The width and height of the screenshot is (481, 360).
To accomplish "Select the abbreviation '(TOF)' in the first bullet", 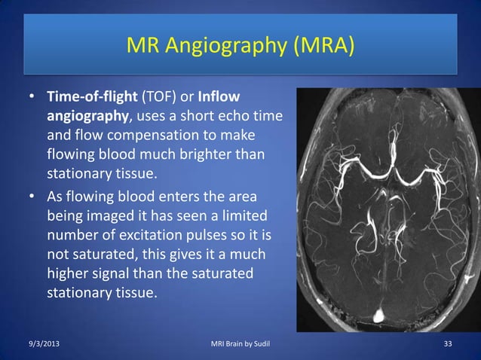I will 161,99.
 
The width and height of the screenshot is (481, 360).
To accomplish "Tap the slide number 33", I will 448,345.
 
